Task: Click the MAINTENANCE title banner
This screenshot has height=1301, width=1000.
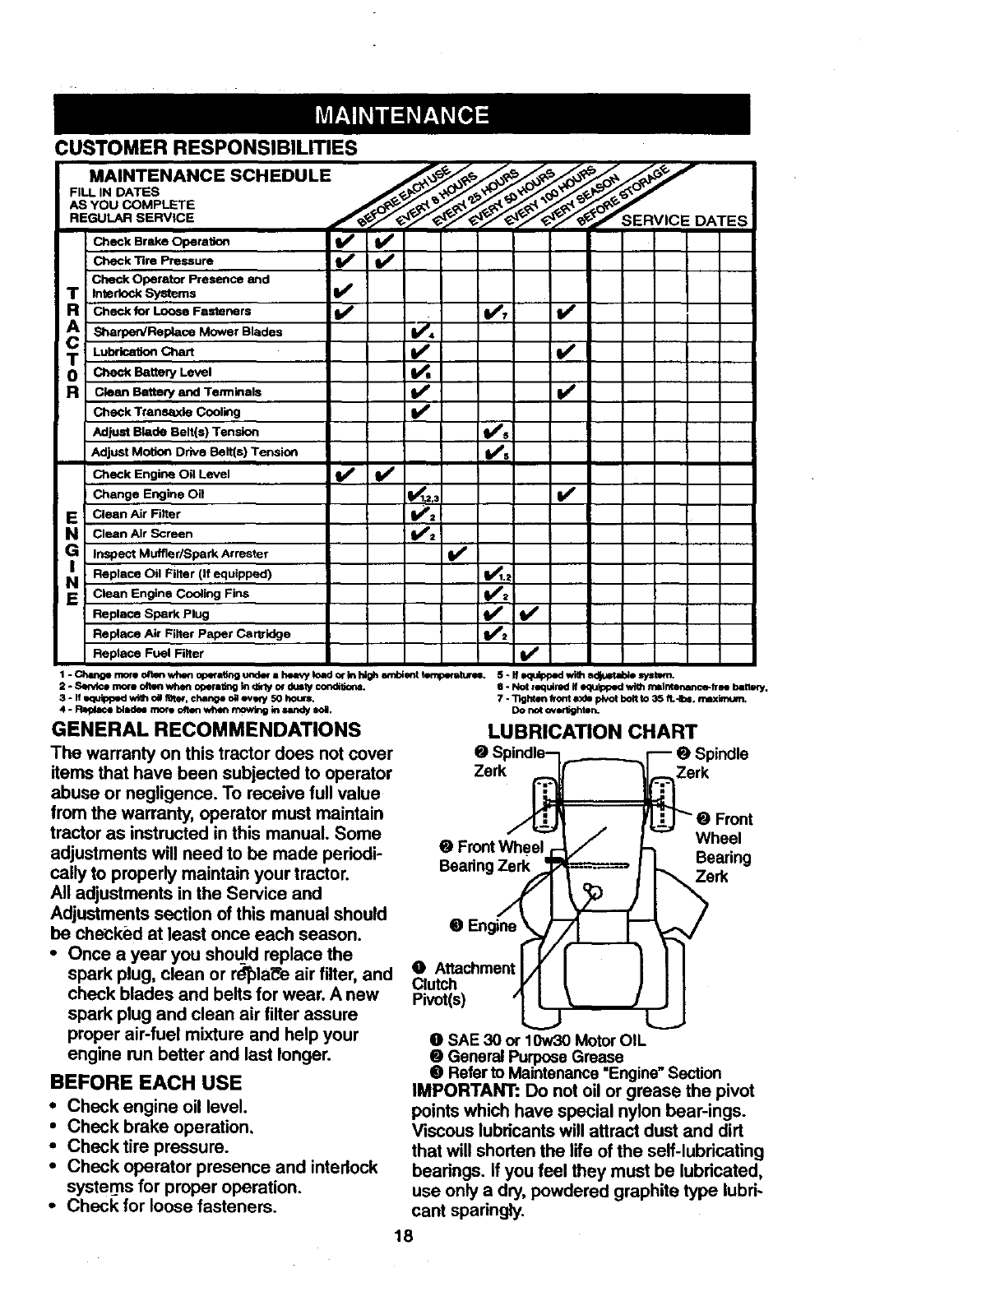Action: click(403, 113)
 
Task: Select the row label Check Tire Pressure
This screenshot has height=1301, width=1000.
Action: click(153, 261)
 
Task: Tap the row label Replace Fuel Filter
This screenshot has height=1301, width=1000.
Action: click(148, 654)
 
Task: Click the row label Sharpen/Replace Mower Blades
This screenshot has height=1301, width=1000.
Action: click(187, 332)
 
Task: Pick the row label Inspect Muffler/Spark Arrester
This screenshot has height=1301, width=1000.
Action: click(181, 553)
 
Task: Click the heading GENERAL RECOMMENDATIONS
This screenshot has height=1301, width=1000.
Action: click(206, 729)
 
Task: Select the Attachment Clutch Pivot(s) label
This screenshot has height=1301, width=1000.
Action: click(461, 984)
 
